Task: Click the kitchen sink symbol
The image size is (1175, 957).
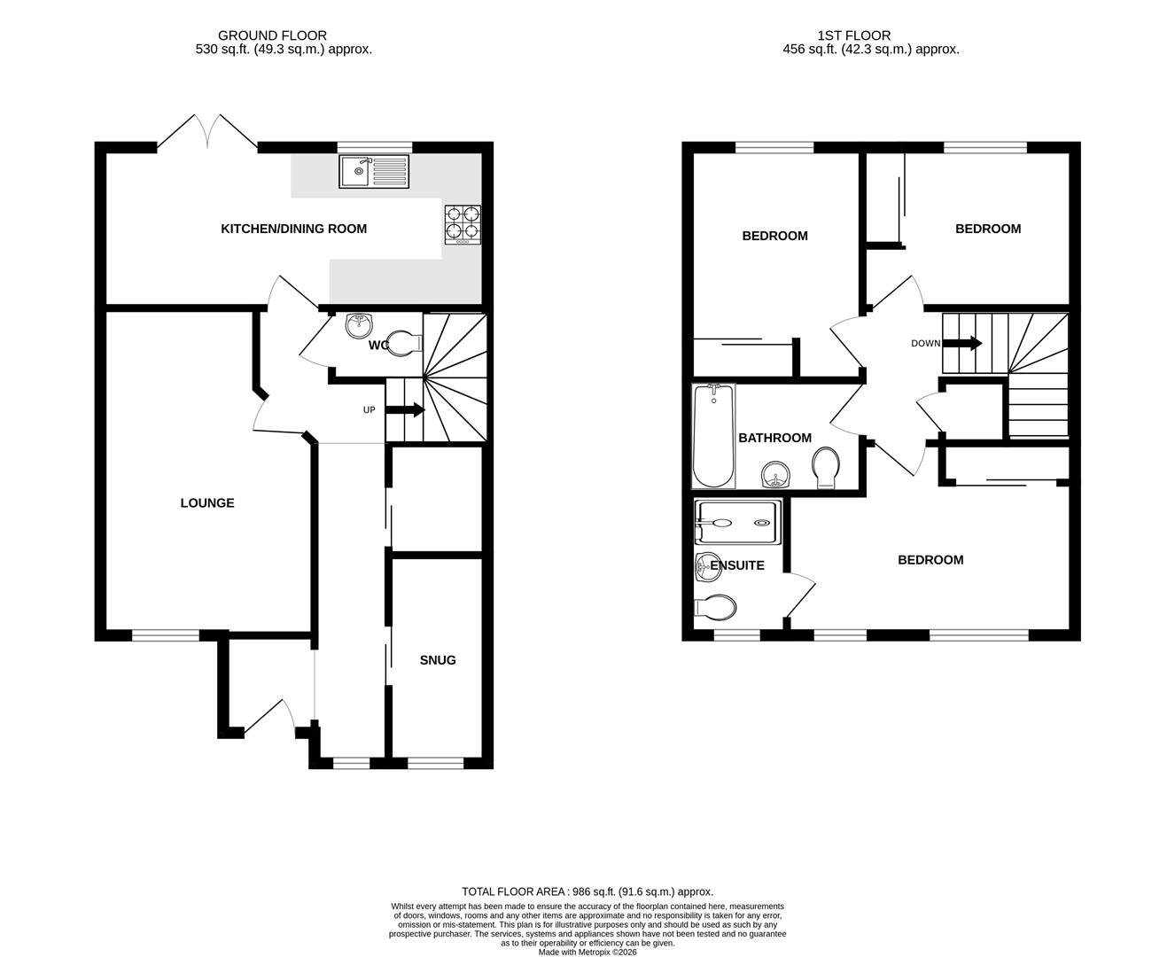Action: click(375, 171)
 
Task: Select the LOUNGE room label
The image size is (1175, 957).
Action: click(207, 503)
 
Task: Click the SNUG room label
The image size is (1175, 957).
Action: click(438, 660)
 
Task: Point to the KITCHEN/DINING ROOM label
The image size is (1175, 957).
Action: click(293, 229)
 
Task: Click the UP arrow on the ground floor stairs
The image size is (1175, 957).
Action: click(406, 410)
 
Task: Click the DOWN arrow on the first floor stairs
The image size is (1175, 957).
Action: click(963, 343)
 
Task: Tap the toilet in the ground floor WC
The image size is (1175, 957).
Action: click(403, 342)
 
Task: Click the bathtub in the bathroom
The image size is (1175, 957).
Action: click(713, 436)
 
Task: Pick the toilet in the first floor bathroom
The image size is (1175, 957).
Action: click(826, 467)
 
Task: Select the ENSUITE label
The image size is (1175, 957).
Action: click(737, 565)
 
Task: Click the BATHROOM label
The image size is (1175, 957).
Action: click(774, 438)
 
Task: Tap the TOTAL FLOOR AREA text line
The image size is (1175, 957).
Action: click(587, 891)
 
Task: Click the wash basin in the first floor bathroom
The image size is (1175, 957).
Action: click(776, 476)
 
